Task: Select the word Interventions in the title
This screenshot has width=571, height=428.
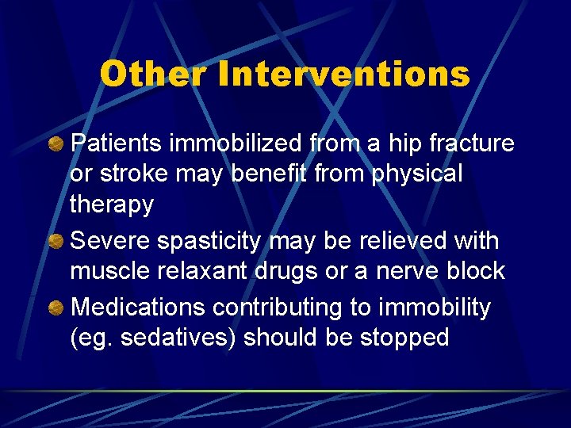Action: [343, 75]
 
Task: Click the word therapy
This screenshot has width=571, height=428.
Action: [112, 204]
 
